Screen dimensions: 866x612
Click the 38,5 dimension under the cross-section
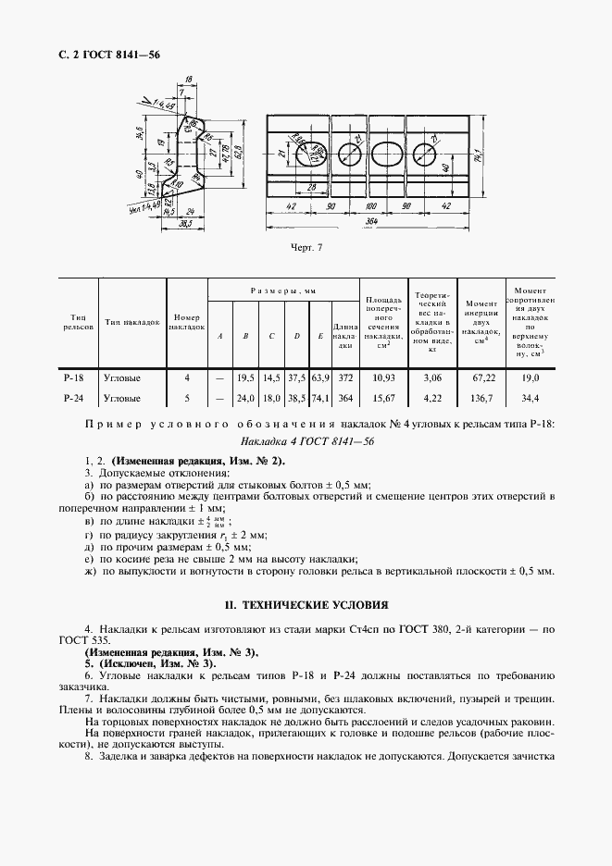point(170,224)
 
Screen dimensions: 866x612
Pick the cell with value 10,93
point(383,377)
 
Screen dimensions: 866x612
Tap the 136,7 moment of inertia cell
point(481,398)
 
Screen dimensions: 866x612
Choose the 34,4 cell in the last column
point(531,398)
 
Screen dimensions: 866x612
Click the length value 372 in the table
point(345,377)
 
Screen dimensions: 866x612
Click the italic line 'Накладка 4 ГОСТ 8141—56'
point(306,441)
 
